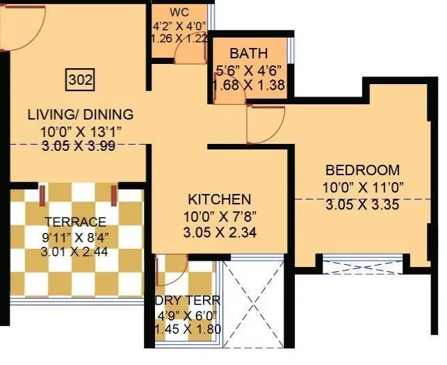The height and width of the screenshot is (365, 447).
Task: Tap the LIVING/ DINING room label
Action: tap(80, 115)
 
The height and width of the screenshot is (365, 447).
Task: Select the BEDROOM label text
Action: tap(362, 170)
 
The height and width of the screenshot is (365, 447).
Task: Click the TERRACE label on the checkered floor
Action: tap(76, 222)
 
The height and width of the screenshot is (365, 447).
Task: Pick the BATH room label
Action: tap(250, 54)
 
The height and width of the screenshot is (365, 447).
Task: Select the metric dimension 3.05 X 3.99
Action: tap(80, 145)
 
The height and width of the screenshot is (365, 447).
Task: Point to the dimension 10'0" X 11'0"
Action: tap(362, 186)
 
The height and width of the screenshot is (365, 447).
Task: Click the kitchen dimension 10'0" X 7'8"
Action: tap(219, 216)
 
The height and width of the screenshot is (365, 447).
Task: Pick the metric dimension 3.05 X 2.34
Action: tap(219, 233)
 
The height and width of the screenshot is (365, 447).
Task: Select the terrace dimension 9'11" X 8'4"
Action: tap(76, 237)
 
